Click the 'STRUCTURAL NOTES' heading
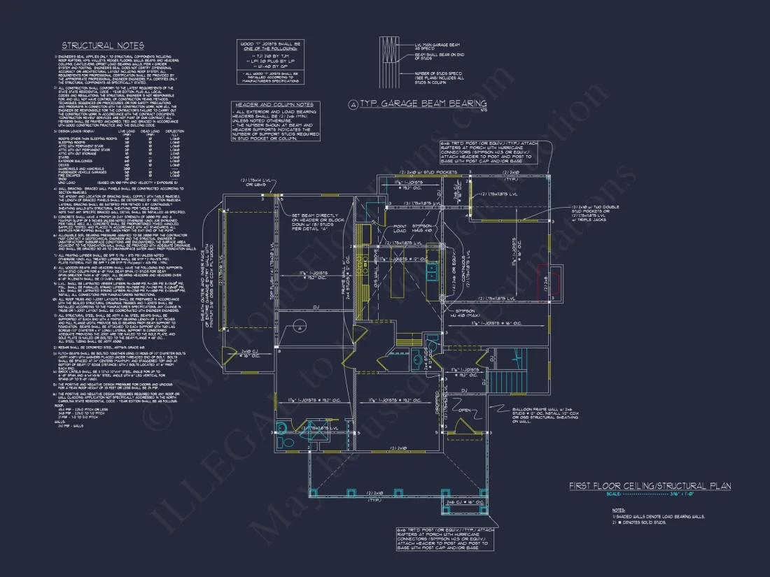pyautogui.click(x=102, y=45)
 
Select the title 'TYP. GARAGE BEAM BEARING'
pyautogui.click(x=423, y=104)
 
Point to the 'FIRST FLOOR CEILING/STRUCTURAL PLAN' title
pyautogui.click(x=650, y=485)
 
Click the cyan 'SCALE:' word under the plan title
pyautogui.click(x=594, y=494)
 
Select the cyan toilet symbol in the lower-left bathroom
pyautogui.click(x=283, y=428)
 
